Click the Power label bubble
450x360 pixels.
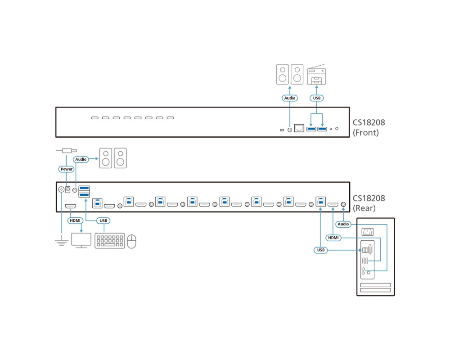click(66, 169)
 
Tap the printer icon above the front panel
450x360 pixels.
click(316, 74)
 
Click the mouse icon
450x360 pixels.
click(131, 241)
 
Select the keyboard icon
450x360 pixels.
click(110, 241)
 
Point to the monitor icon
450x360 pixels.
click(81, 241)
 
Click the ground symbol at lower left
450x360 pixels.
click(61, 242)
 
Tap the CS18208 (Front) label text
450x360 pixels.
click(369, 127)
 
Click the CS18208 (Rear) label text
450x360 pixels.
click(369, 203)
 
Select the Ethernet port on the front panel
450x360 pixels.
click(299, 128)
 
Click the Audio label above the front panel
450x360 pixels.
click(289, 98)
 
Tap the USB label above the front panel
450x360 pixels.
click(316, 98)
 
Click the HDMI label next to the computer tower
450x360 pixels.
click(333, 238)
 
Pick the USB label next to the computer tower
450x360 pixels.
click(320, 250)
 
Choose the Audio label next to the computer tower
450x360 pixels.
click(343, 224)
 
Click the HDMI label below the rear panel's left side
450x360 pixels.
click(75, 220)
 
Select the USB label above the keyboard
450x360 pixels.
click(103, 220)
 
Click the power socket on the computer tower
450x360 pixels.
click(367, 231)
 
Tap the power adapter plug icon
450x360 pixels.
click(67, 151)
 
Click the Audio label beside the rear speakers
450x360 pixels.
click(81, 159)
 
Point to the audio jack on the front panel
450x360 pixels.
click(289, 130)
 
